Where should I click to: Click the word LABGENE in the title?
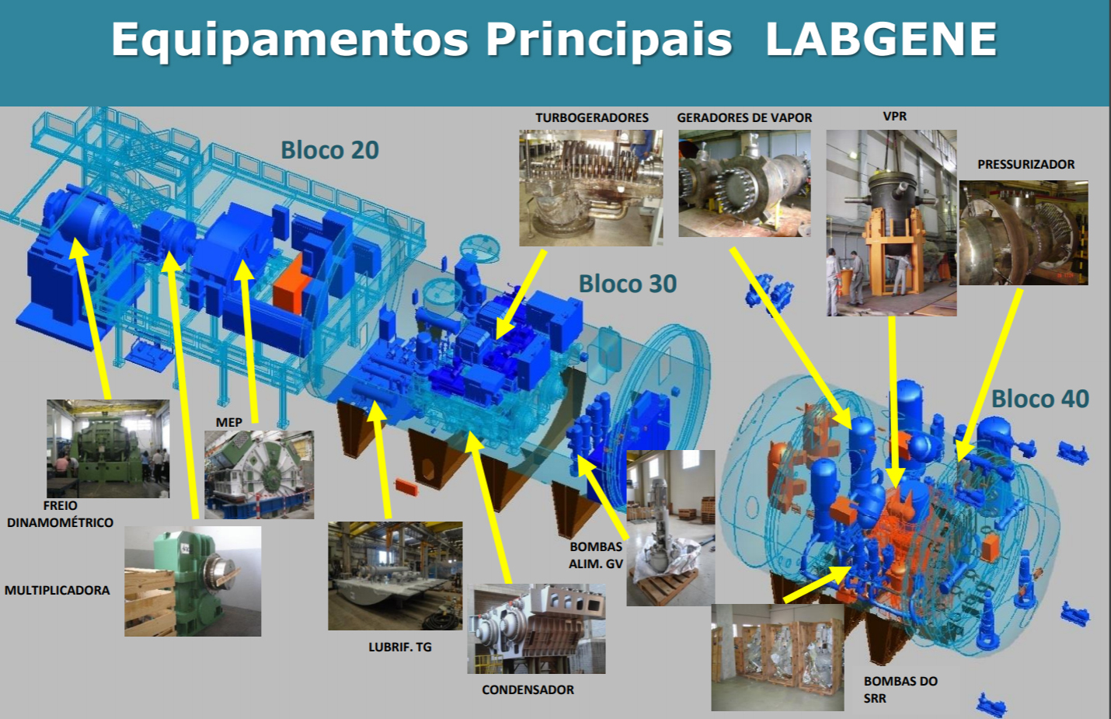(881, 39)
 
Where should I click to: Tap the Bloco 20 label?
(330, 150)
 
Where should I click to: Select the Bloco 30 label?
(628, 284)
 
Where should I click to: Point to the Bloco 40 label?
(1040, 399)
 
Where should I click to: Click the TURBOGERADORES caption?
(592, 117)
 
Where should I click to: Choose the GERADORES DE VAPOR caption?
(744, 117)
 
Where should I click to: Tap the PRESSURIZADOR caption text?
(1026, 164)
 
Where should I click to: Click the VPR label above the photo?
(895, 116)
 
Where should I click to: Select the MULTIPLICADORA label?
(57, 590)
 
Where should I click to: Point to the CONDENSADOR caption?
(528, 689)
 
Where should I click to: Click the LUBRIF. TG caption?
(400, 647)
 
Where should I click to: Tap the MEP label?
(228, 422)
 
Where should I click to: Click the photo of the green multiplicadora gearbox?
(193, 581)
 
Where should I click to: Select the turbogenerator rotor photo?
(590, 188)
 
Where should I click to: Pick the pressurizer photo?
(1024, 232)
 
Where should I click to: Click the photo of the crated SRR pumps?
(777, 658)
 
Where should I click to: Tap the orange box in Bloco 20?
(292, 284)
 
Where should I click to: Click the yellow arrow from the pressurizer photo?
(987, 375)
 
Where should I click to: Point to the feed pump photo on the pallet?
(670, 528)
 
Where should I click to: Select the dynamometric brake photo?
(108, 449)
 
